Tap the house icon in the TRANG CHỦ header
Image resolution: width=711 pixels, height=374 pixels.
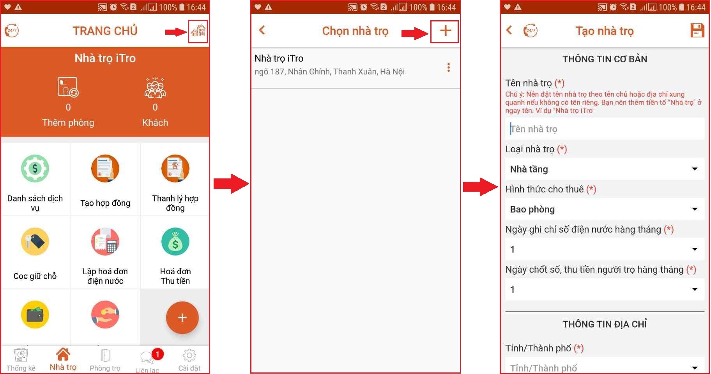pyautogui.click(x=198, y=31)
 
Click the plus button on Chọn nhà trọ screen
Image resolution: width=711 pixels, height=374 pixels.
pyautogui.click(x=445, y=31)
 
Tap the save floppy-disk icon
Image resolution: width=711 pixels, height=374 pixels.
pyautogui.click(x=697, y=30)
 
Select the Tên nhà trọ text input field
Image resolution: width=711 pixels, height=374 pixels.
pyautogui.click(x=605, y=129)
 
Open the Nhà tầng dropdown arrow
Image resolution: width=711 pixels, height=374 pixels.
pyautogui.click(x=695, y=169)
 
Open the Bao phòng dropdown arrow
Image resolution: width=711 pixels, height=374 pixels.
pyautogui.click(x=695, y=209)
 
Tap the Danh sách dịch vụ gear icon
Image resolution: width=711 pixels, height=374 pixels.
pyautogui.click(x=35, y=168)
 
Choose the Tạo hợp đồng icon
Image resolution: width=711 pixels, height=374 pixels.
pyautogui.click(x=105, y=168)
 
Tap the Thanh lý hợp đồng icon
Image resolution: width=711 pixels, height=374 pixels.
pyautogui.click(x=175, y=168)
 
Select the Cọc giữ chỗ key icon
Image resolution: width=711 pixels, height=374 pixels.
pyautogui.click(x=35, y=242)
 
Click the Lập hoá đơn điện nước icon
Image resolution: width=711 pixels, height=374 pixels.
pyautogui.click(x=105, y=242)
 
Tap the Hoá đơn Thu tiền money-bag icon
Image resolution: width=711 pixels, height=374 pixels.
pyautogui.click(x=175, y=242)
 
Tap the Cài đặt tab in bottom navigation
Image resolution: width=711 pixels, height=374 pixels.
pyautogui.click(x=189, y=361)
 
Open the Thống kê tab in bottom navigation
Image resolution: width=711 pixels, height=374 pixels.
pyautogui.click(x=21, y=361)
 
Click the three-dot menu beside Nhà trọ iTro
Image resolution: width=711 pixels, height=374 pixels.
pyautogui.click(x=449, y=67)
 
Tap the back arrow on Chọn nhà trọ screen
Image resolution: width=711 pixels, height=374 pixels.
pyautogui.click(x=262, y=30)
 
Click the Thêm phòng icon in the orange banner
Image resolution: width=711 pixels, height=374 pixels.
pyautogui.click(x=68, y=87)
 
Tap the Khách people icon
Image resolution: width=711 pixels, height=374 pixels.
pyautogui.click(x=155, y=87)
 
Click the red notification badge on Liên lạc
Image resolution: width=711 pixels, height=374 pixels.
pyautogui.click(x=157, y=354)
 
